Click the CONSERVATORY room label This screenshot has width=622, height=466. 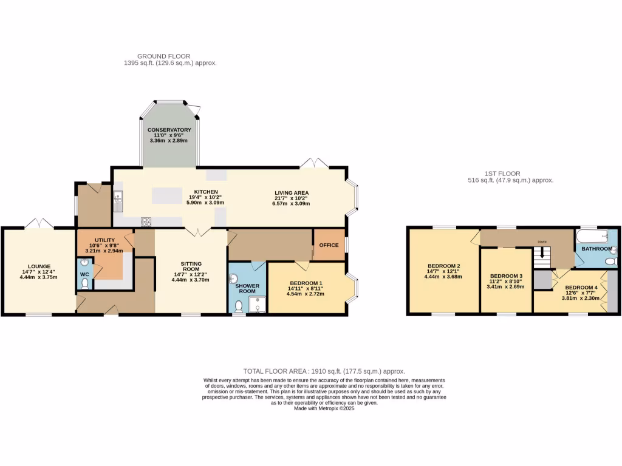point(169,130)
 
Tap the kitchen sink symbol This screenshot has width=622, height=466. point(117,197)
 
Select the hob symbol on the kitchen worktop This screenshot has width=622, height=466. point(146,221)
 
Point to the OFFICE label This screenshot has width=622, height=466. point(329,245)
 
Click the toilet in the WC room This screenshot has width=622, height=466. point(84,283)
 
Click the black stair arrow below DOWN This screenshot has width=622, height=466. point(542,252)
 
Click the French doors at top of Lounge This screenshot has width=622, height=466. point(39,223)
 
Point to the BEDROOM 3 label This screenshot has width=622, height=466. point(506,275)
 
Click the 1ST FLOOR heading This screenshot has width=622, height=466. point(503,174)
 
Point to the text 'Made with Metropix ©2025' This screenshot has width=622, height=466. point(324,408)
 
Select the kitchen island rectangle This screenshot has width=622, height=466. point(167,195)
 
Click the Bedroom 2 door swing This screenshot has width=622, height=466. point(474,237)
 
